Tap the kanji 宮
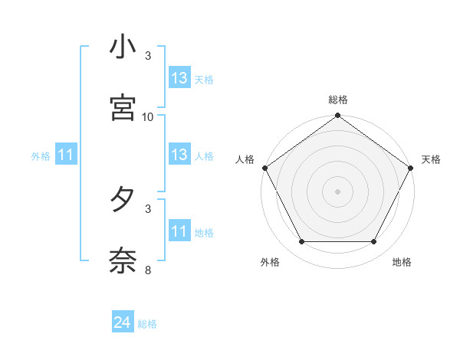[123, 108]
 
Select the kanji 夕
[123, 200]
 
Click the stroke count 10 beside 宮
[148, 116]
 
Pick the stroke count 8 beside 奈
[148, 270]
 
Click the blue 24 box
[123, 323]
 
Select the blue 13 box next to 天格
[179, 78]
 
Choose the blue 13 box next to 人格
[179, 155]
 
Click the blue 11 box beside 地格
[179, 231]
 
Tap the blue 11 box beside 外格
[66, 155]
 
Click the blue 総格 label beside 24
[147, 324]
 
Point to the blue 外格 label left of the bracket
[41, 156]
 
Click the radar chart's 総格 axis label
[337, 100]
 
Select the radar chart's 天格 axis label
[431, 159]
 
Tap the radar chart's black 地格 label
[402, 262]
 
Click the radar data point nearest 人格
[264, 168]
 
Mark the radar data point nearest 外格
[301, 242]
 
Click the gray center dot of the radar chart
[337, 191]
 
